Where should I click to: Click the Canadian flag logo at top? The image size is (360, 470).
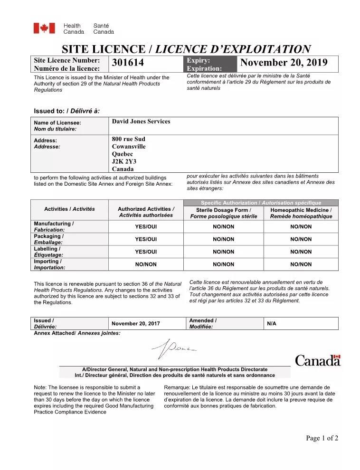click(x=44, y=28)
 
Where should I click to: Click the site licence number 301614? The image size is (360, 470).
click(x=128, y=63)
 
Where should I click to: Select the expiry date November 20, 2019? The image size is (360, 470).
click(x=284, y=63)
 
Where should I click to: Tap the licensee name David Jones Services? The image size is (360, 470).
click(x=141, y=122)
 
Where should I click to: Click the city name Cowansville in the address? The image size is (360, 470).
click(x=129, y=147)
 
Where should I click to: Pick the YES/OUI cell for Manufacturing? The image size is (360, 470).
click(x=146, y=227)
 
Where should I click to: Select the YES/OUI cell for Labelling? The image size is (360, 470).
click(x=146, y=252)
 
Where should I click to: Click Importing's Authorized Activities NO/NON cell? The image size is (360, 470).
click(x=146, y=264)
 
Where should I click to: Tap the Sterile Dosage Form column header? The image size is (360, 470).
click(x=224, y=213)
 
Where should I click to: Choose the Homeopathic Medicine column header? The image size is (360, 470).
click(x=301, y=213)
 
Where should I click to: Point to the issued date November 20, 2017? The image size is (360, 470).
click(x=136, y=324)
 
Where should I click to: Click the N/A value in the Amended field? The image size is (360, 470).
click(x=272, y=324)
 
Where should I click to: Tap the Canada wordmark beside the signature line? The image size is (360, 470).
click(x=318, y=361)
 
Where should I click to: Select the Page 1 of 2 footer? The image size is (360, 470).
click(x=322, y=438)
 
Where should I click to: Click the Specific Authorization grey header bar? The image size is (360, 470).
click(x=261, y=203)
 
